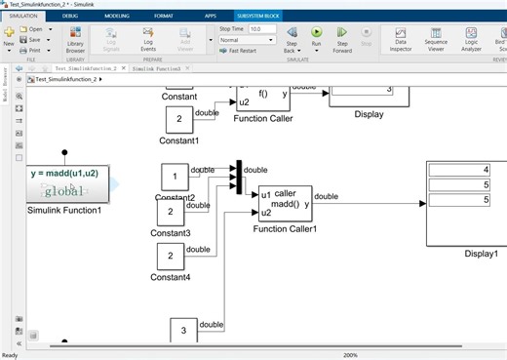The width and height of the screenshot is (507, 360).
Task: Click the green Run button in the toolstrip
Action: point(317,32)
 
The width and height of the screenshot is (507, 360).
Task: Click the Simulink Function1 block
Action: point(64,180)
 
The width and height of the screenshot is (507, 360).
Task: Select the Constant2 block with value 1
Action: point(175,177)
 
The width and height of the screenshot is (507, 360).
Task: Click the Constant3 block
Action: point(171,212)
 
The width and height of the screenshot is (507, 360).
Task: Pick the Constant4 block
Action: point(171,256)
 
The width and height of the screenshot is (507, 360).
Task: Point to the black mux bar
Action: point(237,178)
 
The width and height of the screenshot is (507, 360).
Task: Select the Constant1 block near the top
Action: point(178,120)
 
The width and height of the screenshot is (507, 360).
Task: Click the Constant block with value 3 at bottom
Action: point(184,331)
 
